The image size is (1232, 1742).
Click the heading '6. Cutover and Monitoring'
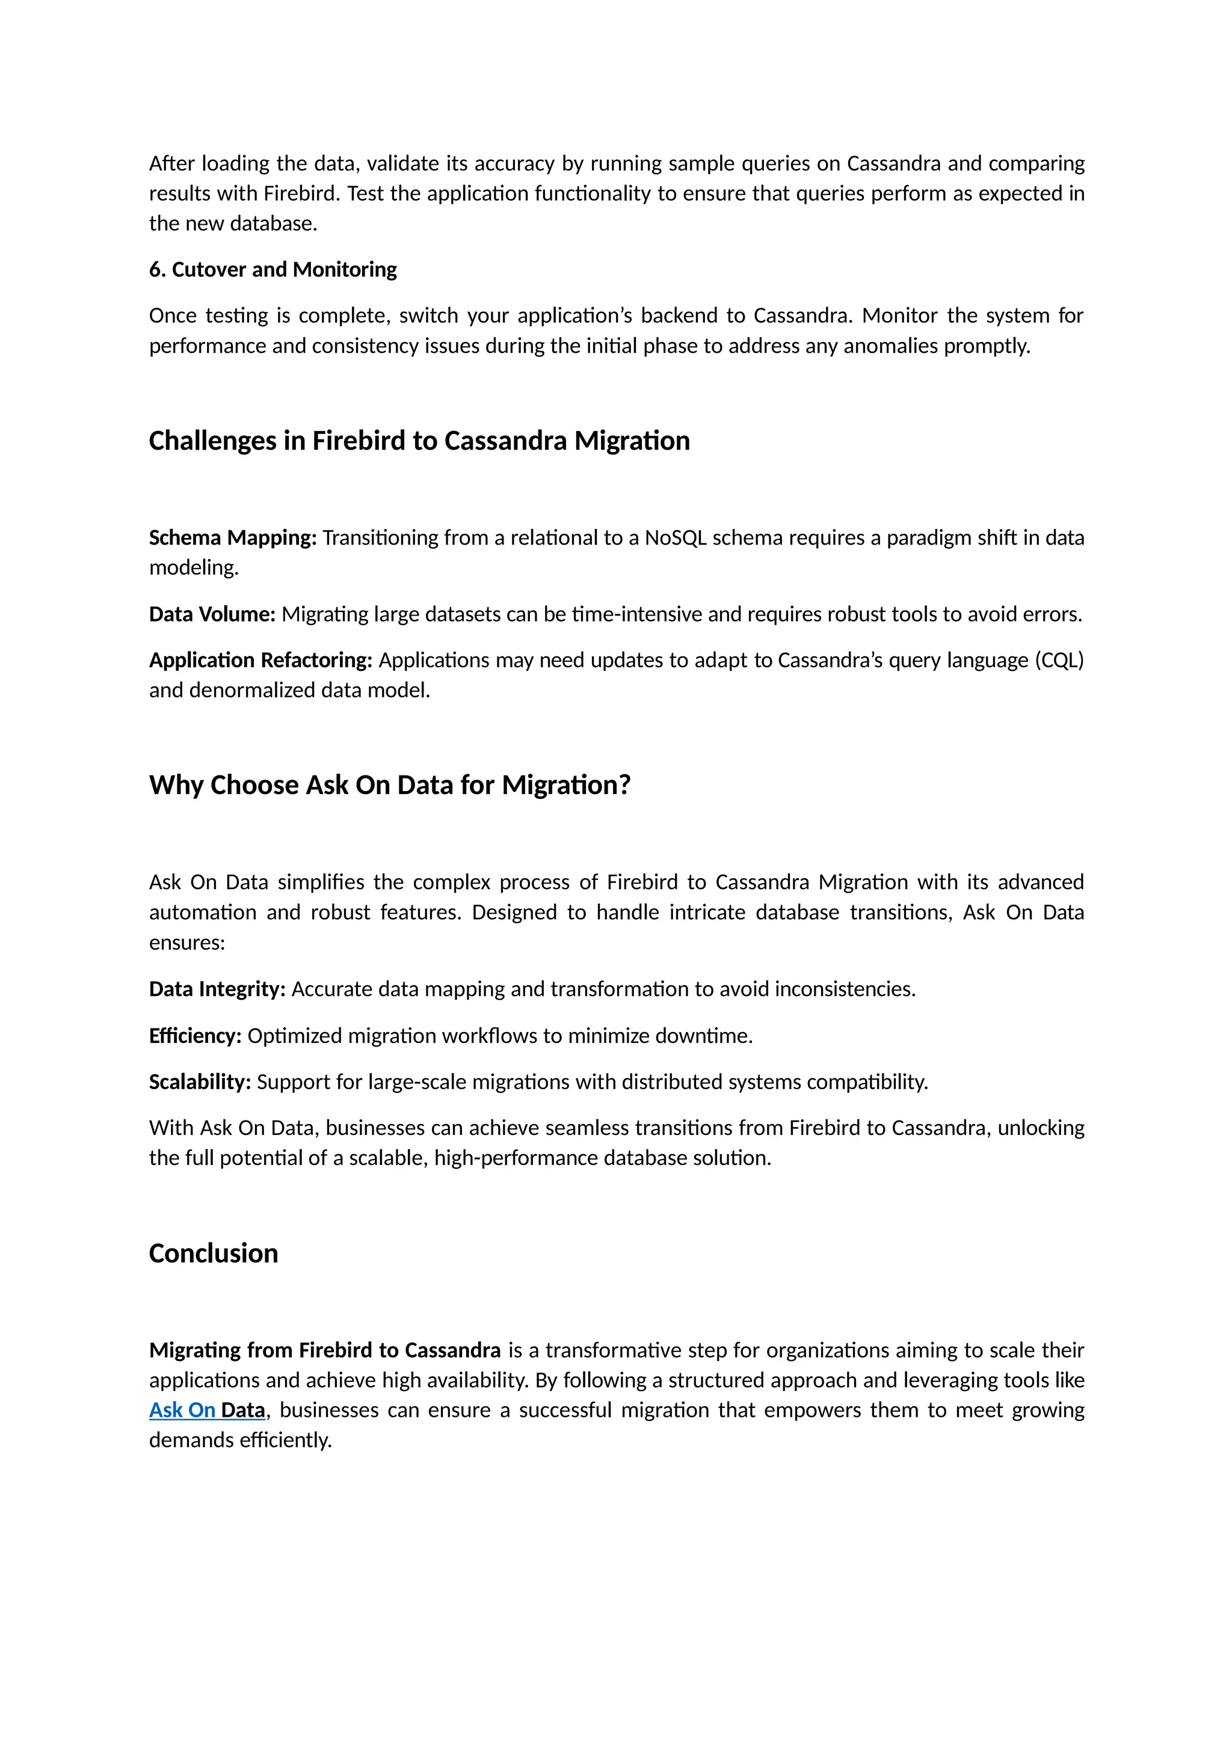273,269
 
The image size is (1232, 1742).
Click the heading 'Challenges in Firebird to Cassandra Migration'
419,441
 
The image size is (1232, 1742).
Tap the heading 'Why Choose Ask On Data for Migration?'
389,784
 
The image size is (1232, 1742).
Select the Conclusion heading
214,1253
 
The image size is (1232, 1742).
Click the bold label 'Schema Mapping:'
232,538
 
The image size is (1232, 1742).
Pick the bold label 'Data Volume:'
212,614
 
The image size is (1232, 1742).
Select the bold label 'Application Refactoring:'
260,660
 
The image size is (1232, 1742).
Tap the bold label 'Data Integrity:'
217,989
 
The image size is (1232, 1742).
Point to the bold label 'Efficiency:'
195,1036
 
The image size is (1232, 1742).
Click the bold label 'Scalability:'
200,1082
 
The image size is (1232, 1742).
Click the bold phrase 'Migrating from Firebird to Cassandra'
324,1351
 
